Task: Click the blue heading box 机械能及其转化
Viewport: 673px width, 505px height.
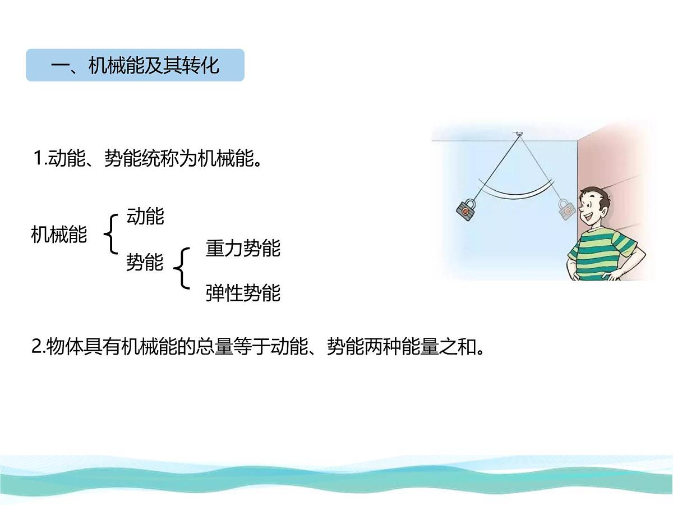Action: click(x=135, y=65)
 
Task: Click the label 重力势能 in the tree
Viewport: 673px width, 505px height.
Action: click(x=243, y=249)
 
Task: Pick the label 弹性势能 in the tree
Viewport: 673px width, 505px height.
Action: click(x=243, y=293)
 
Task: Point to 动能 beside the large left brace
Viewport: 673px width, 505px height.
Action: click(x=145, y=216)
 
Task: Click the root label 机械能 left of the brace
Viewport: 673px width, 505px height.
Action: click(x=59, y=235)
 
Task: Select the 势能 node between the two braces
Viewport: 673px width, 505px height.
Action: click(x=145, y=262)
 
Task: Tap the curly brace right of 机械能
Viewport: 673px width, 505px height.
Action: click(x=111, y=234)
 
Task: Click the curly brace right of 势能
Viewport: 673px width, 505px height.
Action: click(x=182, y=268)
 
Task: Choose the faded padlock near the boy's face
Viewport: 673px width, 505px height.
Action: click(x=566, y=209)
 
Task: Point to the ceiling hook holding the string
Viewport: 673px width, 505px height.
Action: click(x=519, y=134)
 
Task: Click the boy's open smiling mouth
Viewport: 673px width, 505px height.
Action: click(x=588, y=217)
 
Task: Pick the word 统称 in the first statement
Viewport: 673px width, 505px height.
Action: click(x=160, y=158)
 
